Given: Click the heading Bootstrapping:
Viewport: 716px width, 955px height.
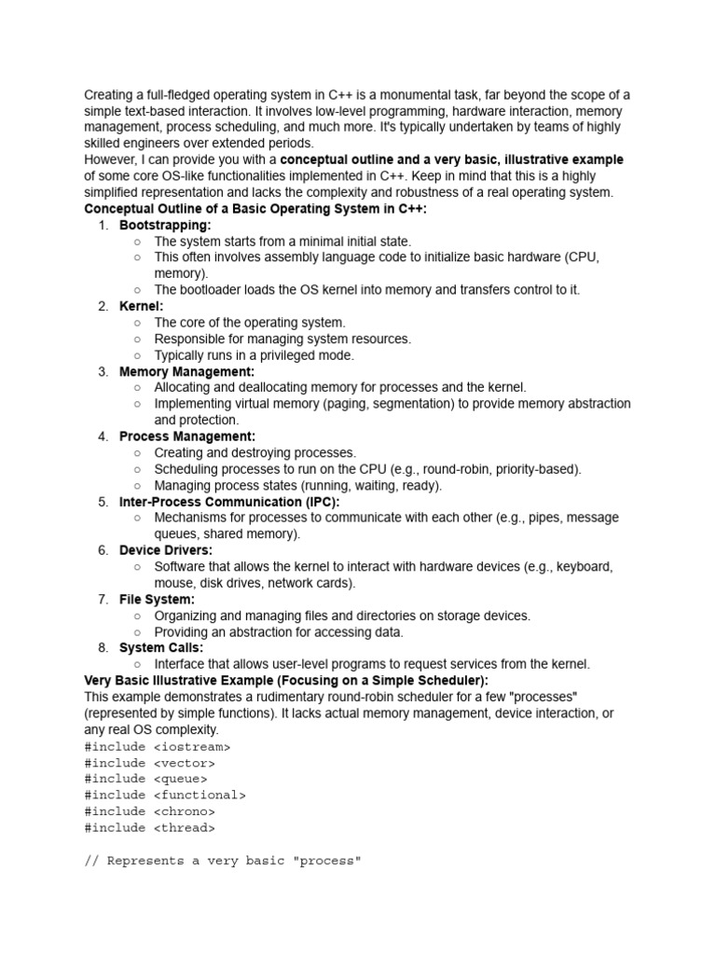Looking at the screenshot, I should pos(165,225).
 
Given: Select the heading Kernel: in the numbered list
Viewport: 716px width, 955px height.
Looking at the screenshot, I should pos(141,306).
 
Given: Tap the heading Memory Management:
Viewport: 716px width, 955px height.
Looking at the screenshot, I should pos(186,371).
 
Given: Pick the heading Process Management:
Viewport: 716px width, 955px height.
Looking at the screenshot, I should pos(186,436).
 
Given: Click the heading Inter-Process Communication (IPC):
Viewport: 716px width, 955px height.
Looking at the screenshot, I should pos(229,502).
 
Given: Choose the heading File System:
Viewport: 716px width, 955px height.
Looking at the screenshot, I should pos(157,599).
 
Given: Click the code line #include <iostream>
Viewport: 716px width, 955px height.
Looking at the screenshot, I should pos(157,746).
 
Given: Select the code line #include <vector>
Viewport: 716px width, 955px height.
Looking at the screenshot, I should pos(149,762).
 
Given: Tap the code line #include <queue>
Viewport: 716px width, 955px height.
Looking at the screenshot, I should pos(145,779).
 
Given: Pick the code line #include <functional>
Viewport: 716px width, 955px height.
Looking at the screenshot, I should pos(165,795).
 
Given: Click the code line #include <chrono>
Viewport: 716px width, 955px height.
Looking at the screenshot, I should pos(149,811).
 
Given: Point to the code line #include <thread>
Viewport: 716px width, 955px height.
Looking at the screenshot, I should pos(149,827).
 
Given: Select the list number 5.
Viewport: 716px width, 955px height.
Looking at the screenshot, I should pos(103,502).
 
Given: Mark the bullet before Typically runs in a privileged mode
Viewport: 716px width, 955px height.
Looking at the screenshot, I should pos(137,355).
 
